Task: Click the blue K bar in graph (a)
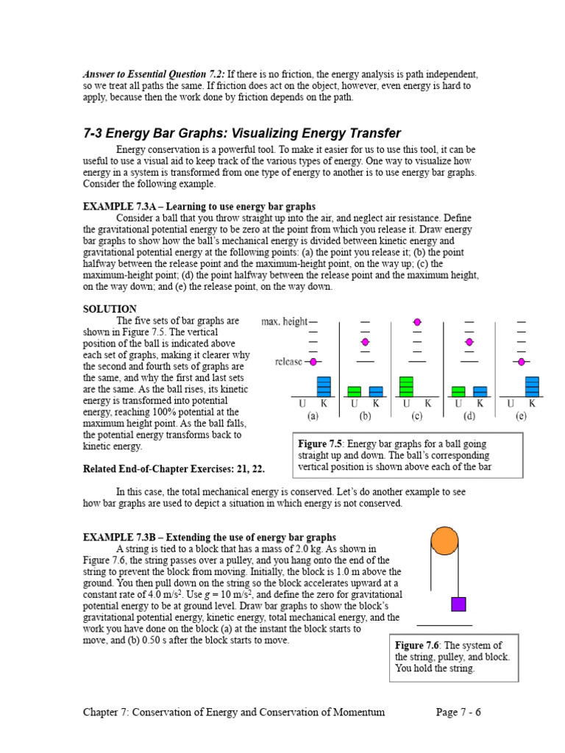(x=324, y=387)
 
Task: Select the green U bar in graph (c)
(x=406, y=387)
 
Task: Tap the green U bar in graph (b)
(x=354, y=392)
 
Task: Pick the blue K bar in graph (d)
(x=480, y=392)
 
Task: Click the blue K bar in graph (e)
(x=532, y=387)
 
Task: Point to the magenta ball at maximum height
(x=417, y=322)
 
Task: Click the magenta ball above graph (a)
(x=313, y=362)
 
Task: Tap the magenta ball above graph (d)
(x=469, y=342)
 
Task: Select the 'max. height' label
(x=284, y=322)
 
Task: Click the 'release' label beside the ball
(x=288, y=362)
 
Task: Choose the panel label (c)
(x=416, y=416)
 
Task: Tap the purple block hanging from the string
(x=458, y=604)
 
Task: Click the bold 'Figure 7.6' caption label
(x=417, y=646)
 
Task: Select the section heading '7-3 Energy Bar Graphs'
(x=242, y=133)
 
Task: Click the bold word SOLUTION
(x=110, y=309)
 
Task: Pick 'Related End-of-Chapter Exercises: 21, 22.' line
(x=174, y=469)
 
